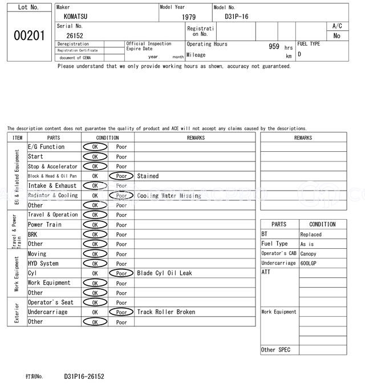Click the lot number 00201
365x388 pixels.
point(29,35)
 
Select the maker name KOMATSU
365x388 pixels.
point(76,17)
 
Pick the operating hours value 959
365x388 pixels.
point(274,47)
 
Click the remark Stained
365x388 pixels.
point(148,176)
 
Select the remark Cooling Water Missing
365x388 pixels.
point(169,196)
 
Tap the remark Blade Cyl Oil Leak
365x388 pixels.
point(164,273)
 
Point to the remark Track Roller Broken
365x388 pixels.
point(166,312)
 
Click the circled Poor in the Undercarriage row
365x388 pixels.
point(121,313)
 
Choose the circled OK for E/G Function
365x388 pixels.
point(95,147)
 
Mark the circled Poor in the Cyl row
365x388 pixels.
point(121,273)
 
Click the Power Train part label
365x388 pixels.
point(43,225)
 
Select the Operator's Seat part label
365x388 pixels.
point(51,302)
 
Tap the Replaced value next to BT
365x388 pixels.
point(311,235)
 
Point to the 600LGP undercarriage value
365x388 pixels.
point(310,264)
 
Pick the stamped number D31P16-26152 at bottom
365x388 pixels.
point(84,377)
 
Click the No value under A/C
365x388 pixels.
point(337,36)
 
